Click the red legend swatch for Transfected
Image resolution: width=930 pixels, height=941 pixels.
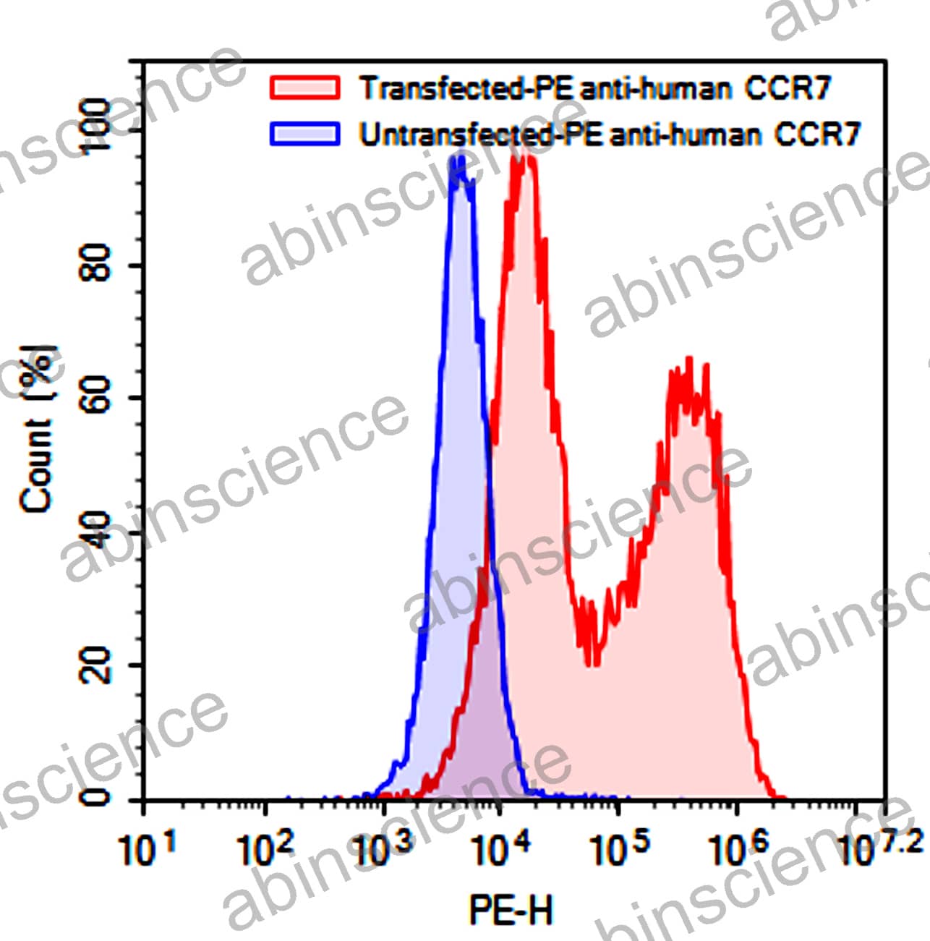pyautogui.click(x=304, y=87)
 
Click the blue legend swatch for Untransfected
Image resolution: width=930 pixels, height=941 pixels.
pyautogui.click(x=304, y=134)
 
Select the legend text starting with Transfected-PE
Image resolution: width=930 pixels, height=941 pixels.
pyautogui.click(x=595, y=88)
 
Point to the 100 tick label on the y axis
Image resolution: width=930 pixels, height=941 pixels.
pyautogui.click(x=96, y=127)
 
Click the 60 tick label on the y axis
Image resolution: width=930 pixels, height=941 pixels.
pyautogui.click(x=96, y=396)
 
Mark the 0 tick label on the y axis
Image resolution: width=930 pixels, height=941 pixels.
pyautogui.click(x=96, y=796)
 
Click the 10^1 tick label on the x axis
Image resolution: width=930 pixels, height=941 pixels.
pyautogui.click(x=148, y=847)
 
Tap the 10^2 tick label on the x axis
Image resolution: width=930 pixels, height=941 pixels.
pyautogui.click(x=265, y=847)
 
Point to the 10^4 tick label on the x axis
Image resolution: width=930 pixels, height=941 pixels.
pyautogui.click(x=500, y=847)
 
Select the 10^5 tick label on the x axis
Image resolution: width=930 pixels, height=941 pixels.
pyautogui.click(x=619, y=847)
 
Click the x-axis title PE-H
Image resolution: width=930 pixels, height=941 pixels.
pyautogui.click(x=511, y=909)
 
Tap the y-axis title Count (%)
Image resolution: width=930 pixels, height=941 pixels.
pyautogui.click(x=40, y=430)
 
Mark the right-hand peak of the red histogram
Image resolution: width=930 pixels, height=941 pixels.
pyautogui.click(x=688, y=359)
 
